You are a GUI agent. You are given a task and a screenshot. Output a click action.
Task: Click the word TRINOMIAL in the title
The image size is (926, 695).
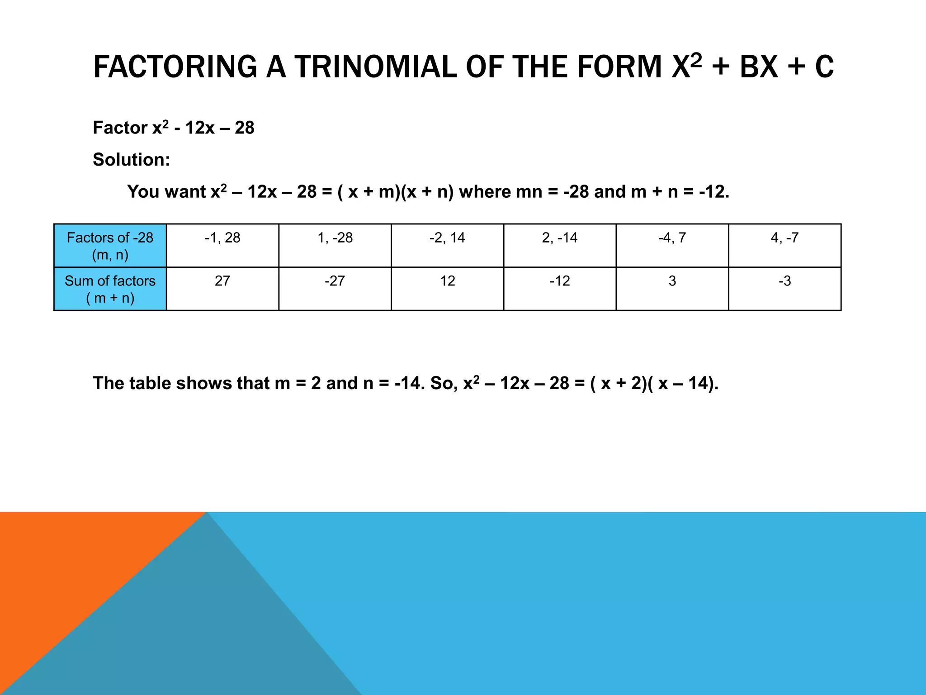(376, 67)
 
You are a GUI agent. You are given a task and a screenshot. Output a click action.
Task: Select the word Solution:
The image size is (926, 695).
(132, 160)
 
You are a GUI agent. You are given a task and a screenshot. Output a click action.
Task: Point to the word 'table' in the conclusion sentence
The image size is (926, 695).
(150, 383)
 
